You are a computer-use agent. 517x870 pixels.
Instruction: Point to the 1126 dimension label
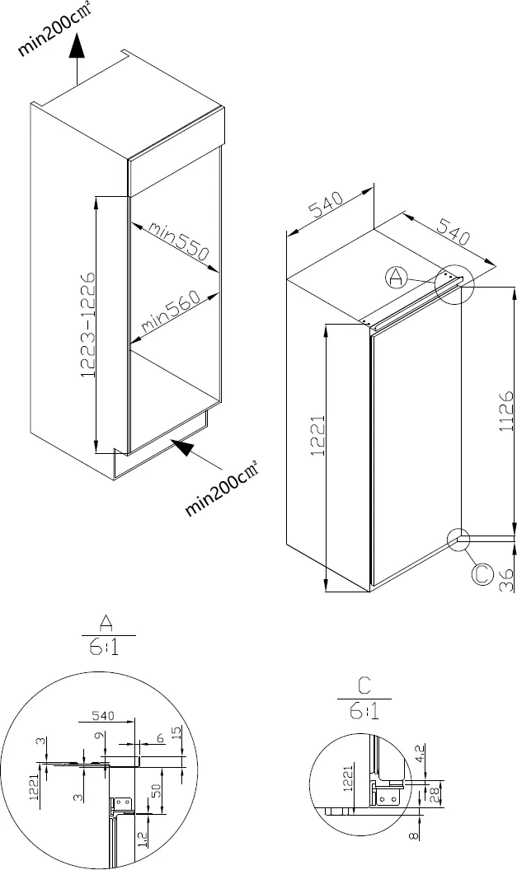(x=506, y=412)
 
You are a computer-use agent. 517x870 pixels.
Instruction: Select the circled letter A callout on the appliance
(x=397, y=277)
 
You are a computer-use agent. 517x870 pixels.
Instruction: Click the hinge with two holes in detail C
(x=388, y=796)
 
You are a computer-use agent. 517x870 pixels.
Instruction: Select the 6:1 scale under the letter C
(x=364, y=709)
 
